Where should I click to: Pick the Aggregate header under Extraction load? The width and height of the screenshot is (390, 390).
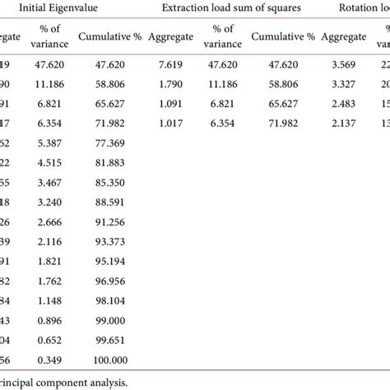(172, 38)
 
